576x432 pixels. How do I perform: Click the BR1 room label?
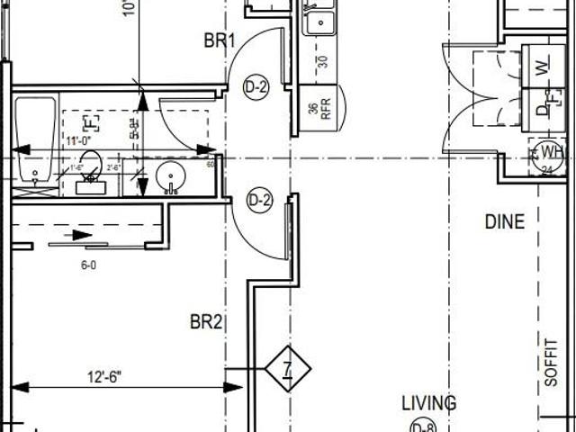tap(219, 40)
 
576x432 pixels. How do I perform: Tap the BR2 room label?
tap(205, 321)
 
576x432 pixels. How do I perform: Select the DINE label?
tap(504, 221)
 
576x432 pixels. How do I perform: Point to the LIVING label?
tap(428, 403)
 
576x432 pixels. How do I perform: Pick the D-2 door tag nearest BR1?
tap(256, 87)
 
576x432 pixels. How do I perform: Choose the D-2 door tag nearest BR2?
tap(259, 200)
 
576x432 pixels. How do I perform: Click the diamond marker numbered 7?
tap(287, 368)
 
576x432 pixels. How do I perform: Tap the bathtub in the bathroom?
tap(34, 139)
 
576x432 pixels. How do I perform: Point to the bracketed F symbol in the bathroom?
tap(90, 122)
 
